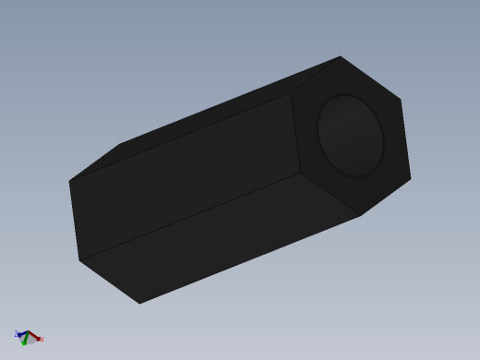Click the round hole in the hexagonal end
click(351, 136)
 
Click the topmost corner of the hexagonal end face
click(341, 56)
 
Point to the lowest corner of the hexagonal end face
click(360, 216)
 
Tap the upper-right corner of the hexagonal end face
click(401, 99)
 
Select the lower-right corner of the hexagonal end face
click(411, 178)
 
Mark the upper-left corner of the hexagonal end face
click(291, 93)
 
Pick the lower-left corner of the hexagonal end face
click(301, 173)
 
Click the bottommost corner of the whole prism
click(139, 304)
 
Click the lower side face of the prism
click(222, 240)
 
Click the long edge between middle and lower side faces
click(189, 217)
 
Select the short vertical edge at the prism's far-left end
click(74, 221)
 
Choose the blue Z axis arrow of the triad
click(21, 333)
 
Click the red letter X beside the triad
click(42, 340)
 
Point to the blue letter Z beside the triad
click(16, 333)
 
